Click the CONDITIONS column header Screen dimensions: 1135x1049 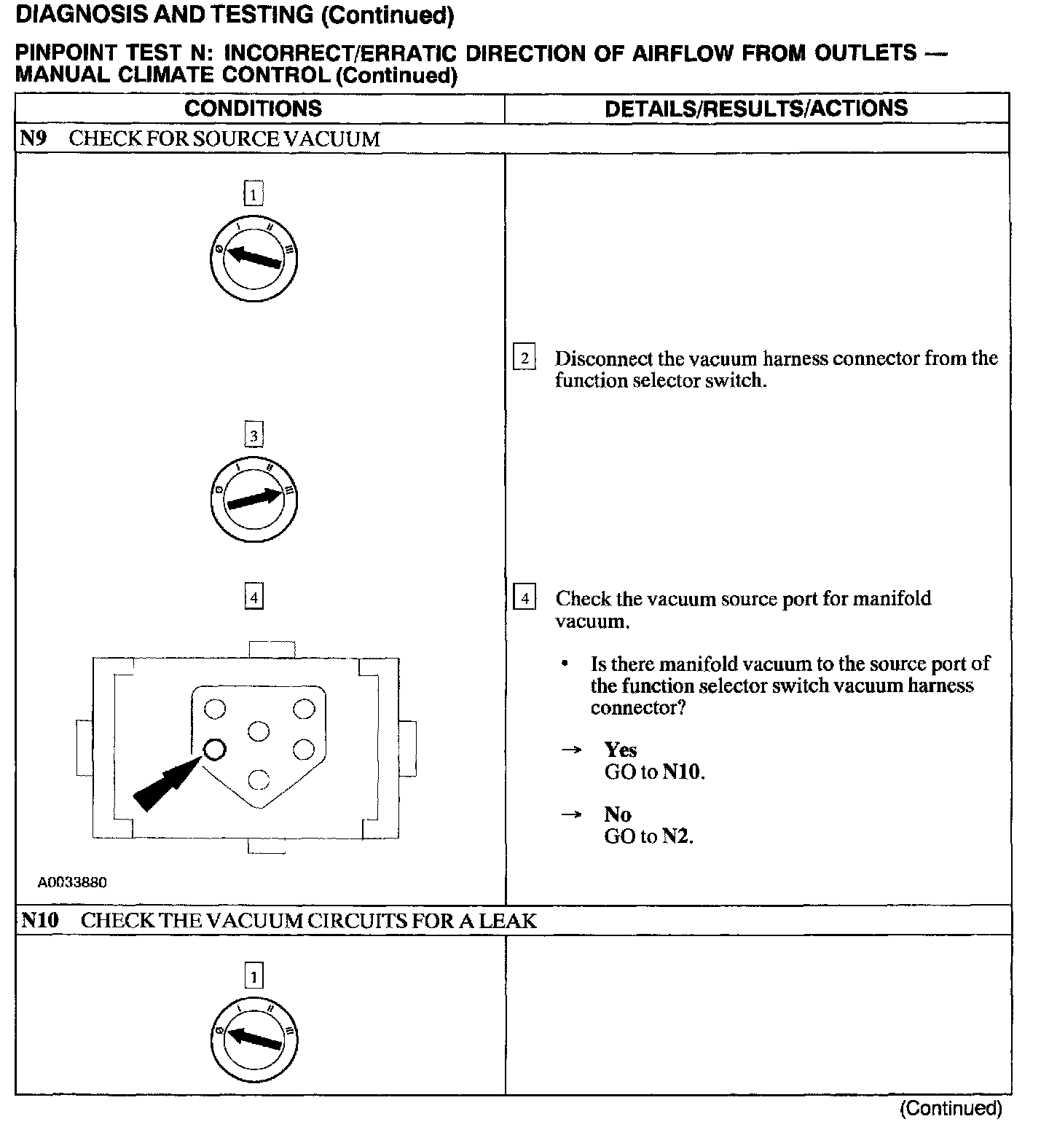[x=253, y=109]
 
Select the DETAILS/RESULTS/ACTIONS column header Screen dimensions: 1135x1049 [x=756, y=109]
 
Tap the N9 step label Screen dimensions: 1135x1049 [x=33, y=138]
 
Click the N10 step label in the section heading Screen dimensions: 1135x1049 [x=39, y=920]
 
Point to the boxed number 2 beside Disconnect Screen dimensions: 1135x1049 [x=524, y=358]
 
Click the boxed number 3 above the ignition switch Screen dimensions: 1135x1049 [x=254, y=436]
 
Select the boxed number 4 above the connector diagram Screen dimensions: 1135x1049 [x=254, y=597]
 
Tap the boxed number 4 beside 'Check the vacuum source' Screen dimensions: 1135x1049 [x=524, y=599]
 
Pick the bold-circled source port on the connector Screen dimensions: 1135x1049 [x=214, y=749]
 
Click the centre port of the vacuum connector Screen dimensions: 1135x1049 [x=259, y=731]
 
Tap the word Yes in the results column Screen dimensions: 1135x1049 [x=620, y=750]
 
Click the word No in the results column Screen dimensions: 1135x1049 [x=617, y=814]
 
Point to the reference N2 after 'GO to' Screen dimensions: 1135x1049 [x=677, y=836]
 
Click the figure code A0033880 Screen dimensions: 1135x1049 [x=72, y=882]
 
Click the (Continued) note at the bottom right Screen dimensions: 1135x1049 [x=951, y=1108]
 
